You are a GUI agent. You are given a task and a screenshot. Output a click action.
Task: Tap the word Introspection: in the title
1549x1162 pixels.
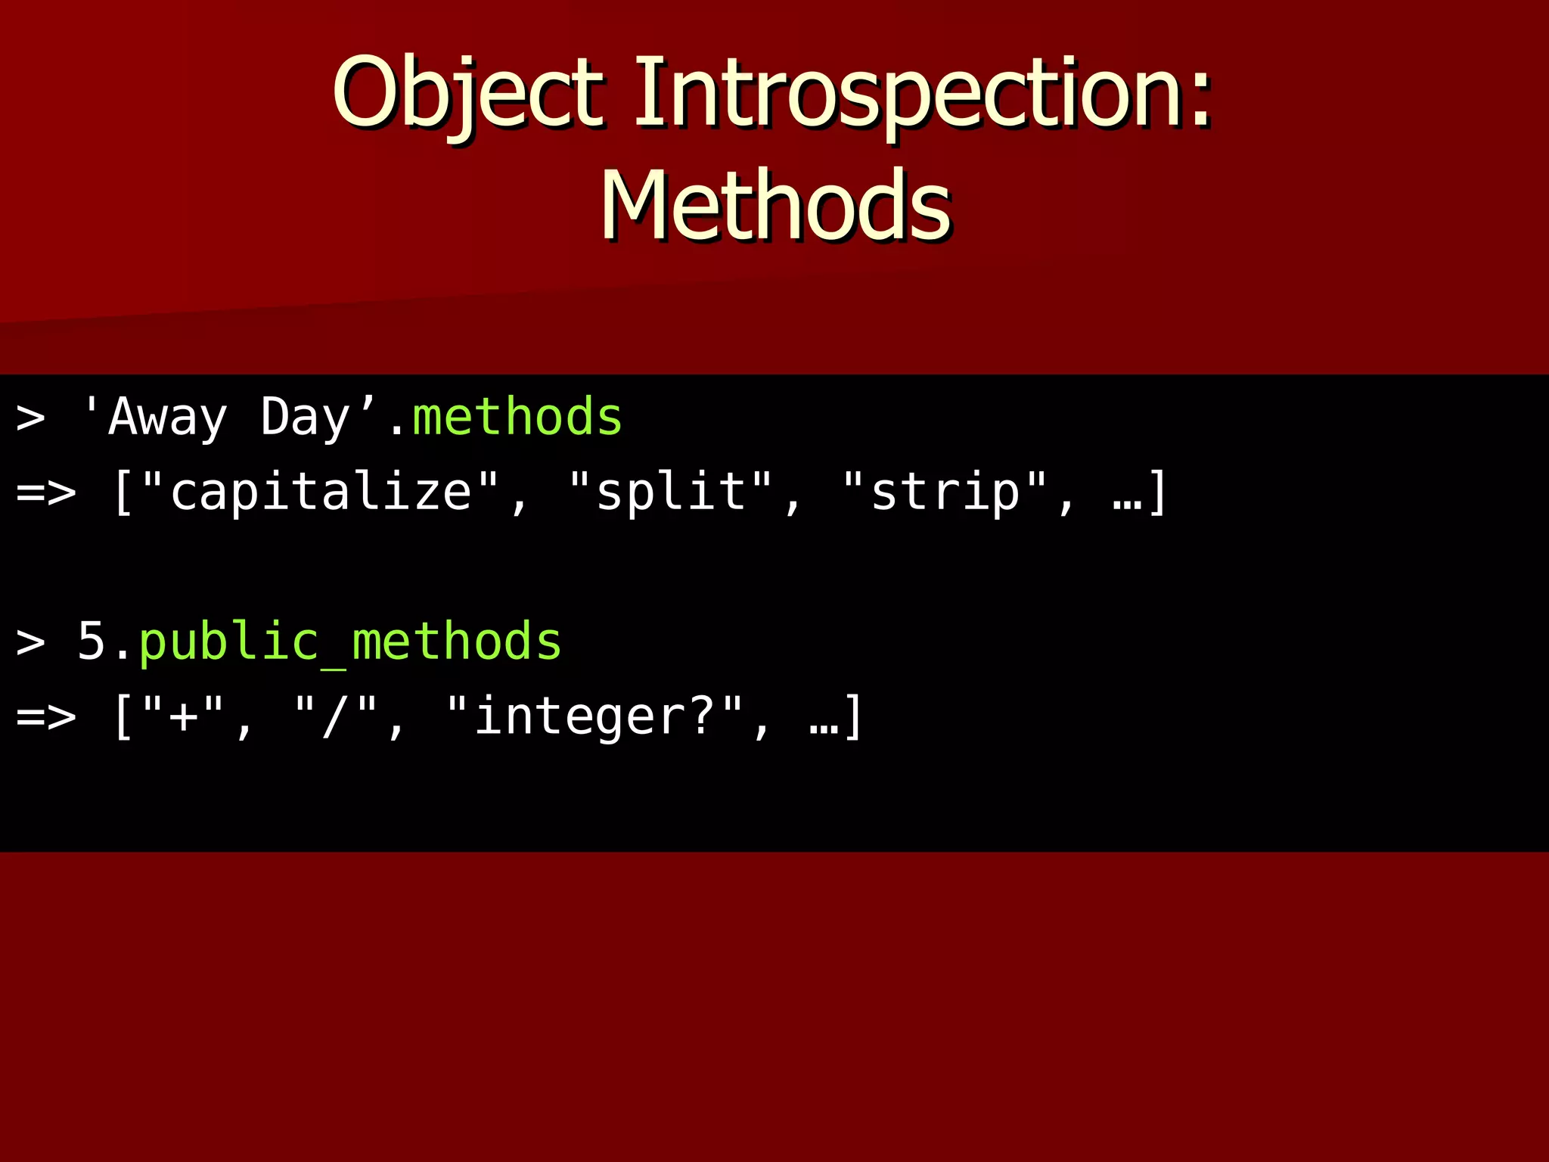click(923, 92)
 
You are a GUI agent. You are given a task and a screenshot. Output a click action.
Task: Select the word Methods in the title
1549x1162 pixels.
click(775, 206)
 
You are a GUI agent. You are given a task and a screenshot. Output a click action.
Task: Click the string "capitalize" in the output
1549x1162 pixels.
click(321, 492)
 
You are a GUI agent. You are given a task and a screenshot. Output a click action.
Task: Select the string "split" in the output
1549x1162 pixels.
click(670, 492)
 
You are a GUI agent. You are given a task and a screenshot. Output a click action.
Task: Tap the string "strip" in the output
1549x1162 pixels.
click(945, 492)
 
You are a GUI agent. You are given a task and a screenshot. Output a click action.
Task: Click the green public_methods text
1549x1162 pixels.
click(350, 642)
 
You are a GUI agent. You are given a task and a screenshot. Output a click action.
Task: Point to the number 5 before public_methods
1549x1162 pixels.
click(92, 642)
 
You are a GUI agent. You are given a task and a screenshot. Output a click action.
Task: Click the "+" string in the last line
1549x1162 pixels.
click(183, 716)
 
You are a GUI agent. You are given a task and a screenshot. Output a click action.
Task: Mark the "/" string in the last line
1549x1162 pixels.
click(335, 716)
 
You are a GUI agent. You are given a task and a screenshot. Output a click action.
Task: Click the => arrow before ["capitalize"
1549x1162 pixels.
click(46, 492)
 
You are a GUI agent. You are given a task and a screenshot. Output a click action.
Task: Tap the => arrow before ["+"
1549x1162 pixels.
click(46, 716)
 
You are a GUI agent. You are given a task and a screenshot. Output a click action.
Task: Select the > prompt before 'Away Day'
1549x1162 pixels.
click(30, 418)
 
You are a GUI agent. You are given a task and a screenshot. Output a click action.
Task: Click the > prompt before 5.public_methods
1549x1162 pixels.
click(30, 642)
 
